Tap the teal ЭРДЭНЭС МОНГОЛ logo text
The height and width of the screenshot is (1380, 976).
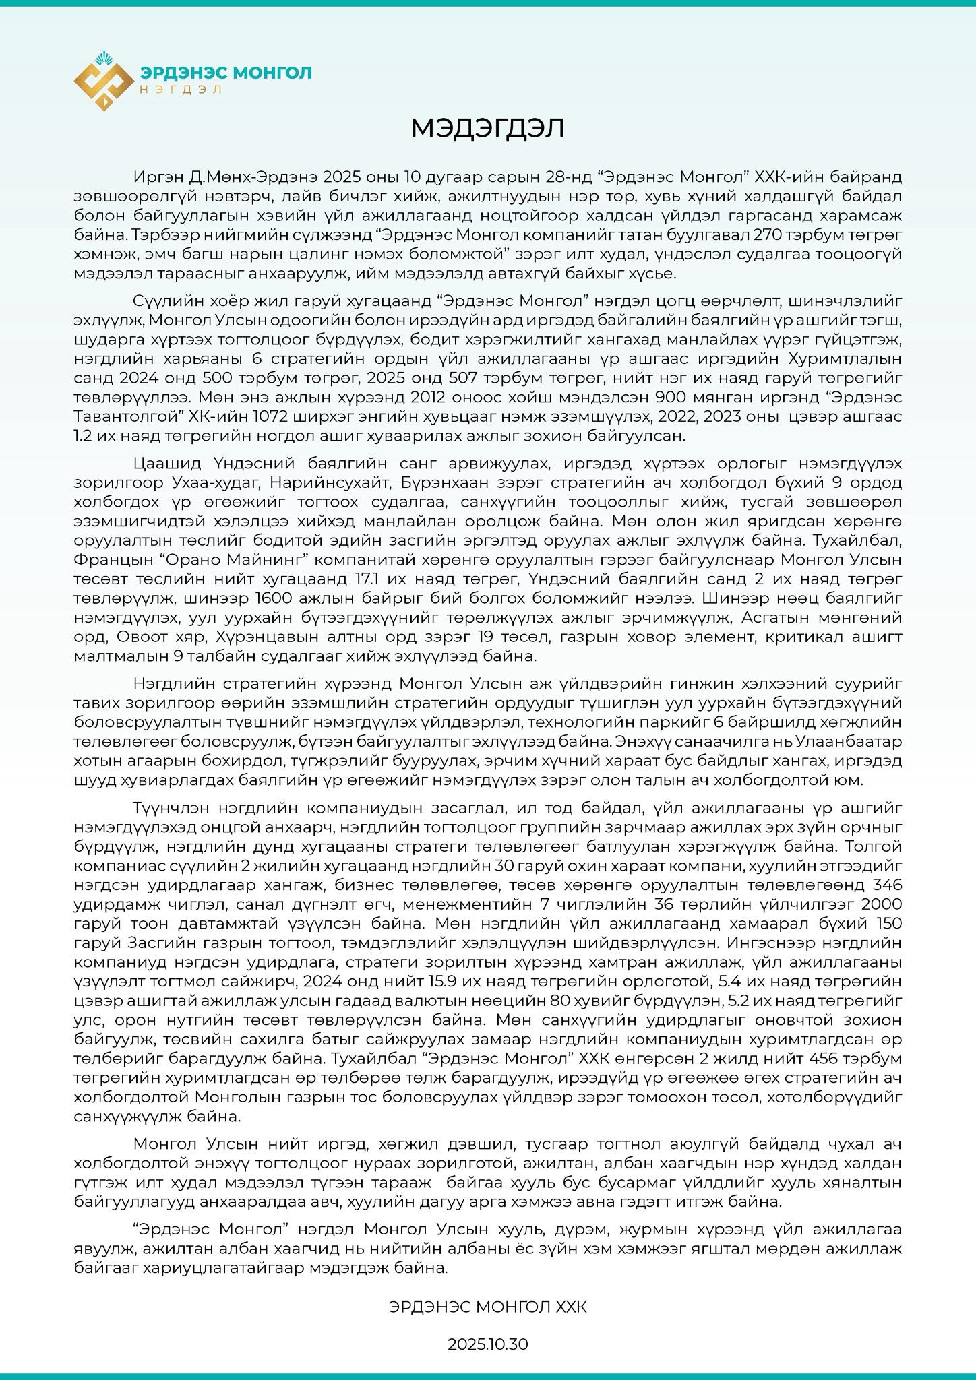pyautogui.click(x=226, y=72)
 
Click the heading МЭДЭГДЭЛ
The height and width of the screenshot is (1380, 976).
pyautogui.click(x=487, y=129)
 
